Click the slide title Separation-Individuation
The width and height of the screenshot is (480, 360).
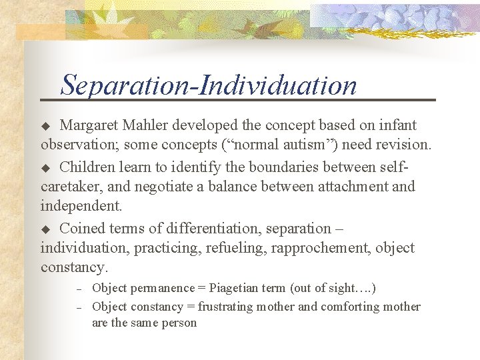209,85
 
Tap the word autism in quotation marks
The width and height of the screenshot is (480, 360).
309,144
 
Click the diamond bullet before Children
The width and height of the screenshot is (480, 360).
46,167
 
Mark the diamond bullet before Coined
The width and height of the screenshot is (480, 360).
46,229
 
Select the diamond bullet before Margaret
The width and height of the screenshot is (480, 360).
46,126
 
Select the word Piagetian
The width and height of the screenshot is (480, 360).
236,288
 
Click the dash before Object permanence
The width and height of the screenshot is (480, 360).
78,289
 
